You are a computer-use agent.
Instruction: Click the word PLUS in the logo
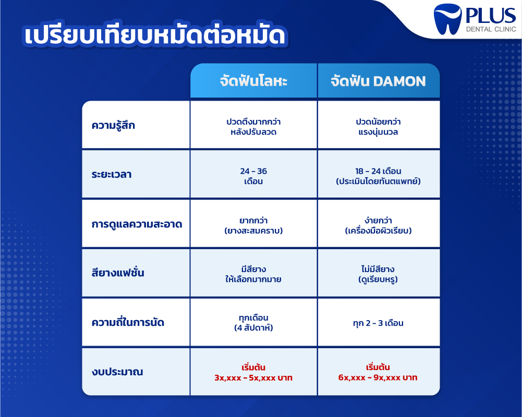click(x=490, y=16)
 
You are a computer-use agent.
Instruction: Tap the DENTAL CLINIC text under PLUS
click(x=491, y=29)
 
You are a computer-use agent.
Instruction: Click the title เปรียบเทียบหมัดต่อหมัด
click(x=155, y=35)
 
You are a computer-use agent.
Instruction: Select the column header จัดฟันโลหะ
click(x=253, y=81)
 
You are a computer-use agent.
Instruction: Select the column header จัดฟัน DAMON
click(x=378, y=81)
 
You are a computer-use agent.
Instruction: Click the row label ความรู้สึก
click(x=113, y=125)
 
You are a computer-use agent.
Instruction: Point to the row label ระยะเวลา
click(x=112, y=175)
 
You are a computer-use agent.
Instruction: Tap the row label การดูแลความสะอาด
click(x=137, y=224)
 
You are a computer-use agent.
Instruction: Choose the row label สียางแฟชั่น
click(x=118, y=273)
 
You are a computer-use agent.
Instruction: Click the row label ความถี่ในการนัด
click(x=128, y=322)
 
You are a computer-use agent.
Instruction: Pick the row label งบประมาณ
click(x=117, y=372)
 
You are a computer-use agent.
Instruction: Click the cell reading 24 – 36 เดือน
click(x=253, y=176)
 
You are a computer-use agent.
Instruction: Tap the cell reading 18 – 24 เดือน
click(x=378, y=176)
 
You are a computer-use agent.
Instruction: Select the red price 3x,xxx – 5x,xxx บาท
click(x=253, y=378)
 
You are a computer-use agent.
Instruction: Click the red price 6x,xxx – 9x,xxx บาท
click(x=378, y=377)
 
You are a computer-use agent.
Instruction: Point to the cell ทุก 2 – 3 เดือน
click(x=378, y=323)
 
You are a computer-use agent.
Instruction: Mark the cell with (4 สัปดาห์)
click(x=253, y=328)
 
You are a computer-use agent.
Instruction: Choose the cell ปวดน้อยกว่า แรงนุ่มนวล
click(x=378, y=127)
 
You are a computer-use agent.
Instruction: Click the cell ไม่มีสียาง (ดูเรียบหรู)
click(x=378, y=274)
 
